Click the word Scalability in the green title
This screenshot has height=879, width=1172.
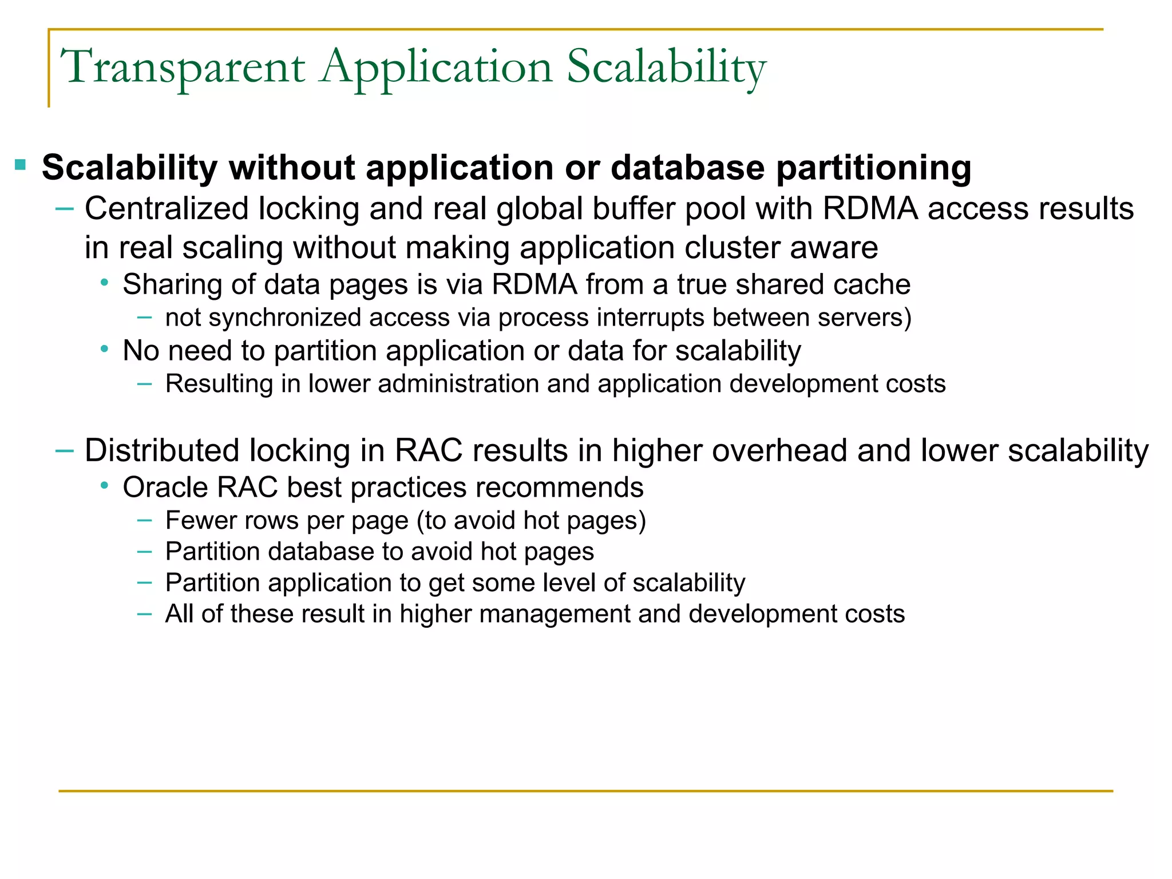click(666, 68)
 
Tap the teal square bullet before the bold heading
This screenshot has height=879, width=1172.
click(21, 165)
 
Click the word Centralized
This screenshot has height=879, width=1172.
click(167, 208)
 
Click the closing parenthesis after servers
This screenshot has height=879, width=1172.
click(908, 318)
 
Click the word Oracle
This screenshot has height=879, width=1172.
click(165, 488)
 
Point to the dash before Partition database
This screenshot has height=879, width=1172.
click(145, 552)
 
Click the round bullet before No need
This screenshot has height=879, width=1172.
click(104, 349)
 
